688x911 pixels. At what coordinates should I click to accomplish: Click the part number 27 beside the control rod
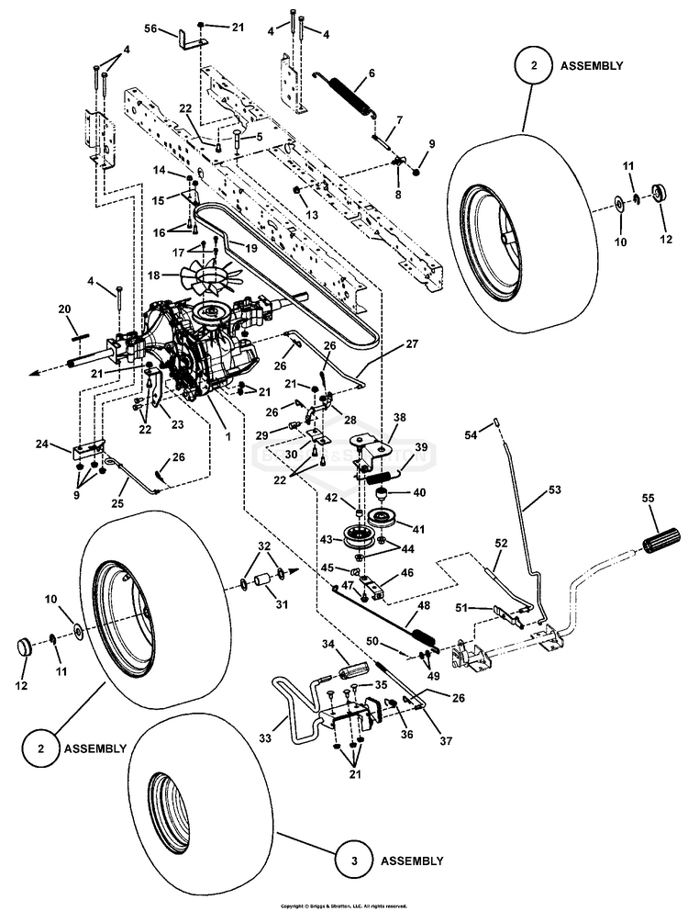[411, 345]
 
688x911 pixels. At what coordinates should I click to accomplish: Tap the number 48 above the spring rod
[423, 607]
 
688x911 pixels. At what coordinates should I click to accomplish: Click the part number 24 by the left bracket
[41, 444]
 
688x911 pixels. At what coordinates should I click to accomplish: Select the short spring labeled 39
[383, 478]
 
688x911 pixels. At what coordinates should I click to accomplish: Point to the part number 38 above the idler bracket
[399, 417]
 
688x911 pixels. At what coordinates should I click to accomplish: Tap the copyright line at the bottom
[343, 905]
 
